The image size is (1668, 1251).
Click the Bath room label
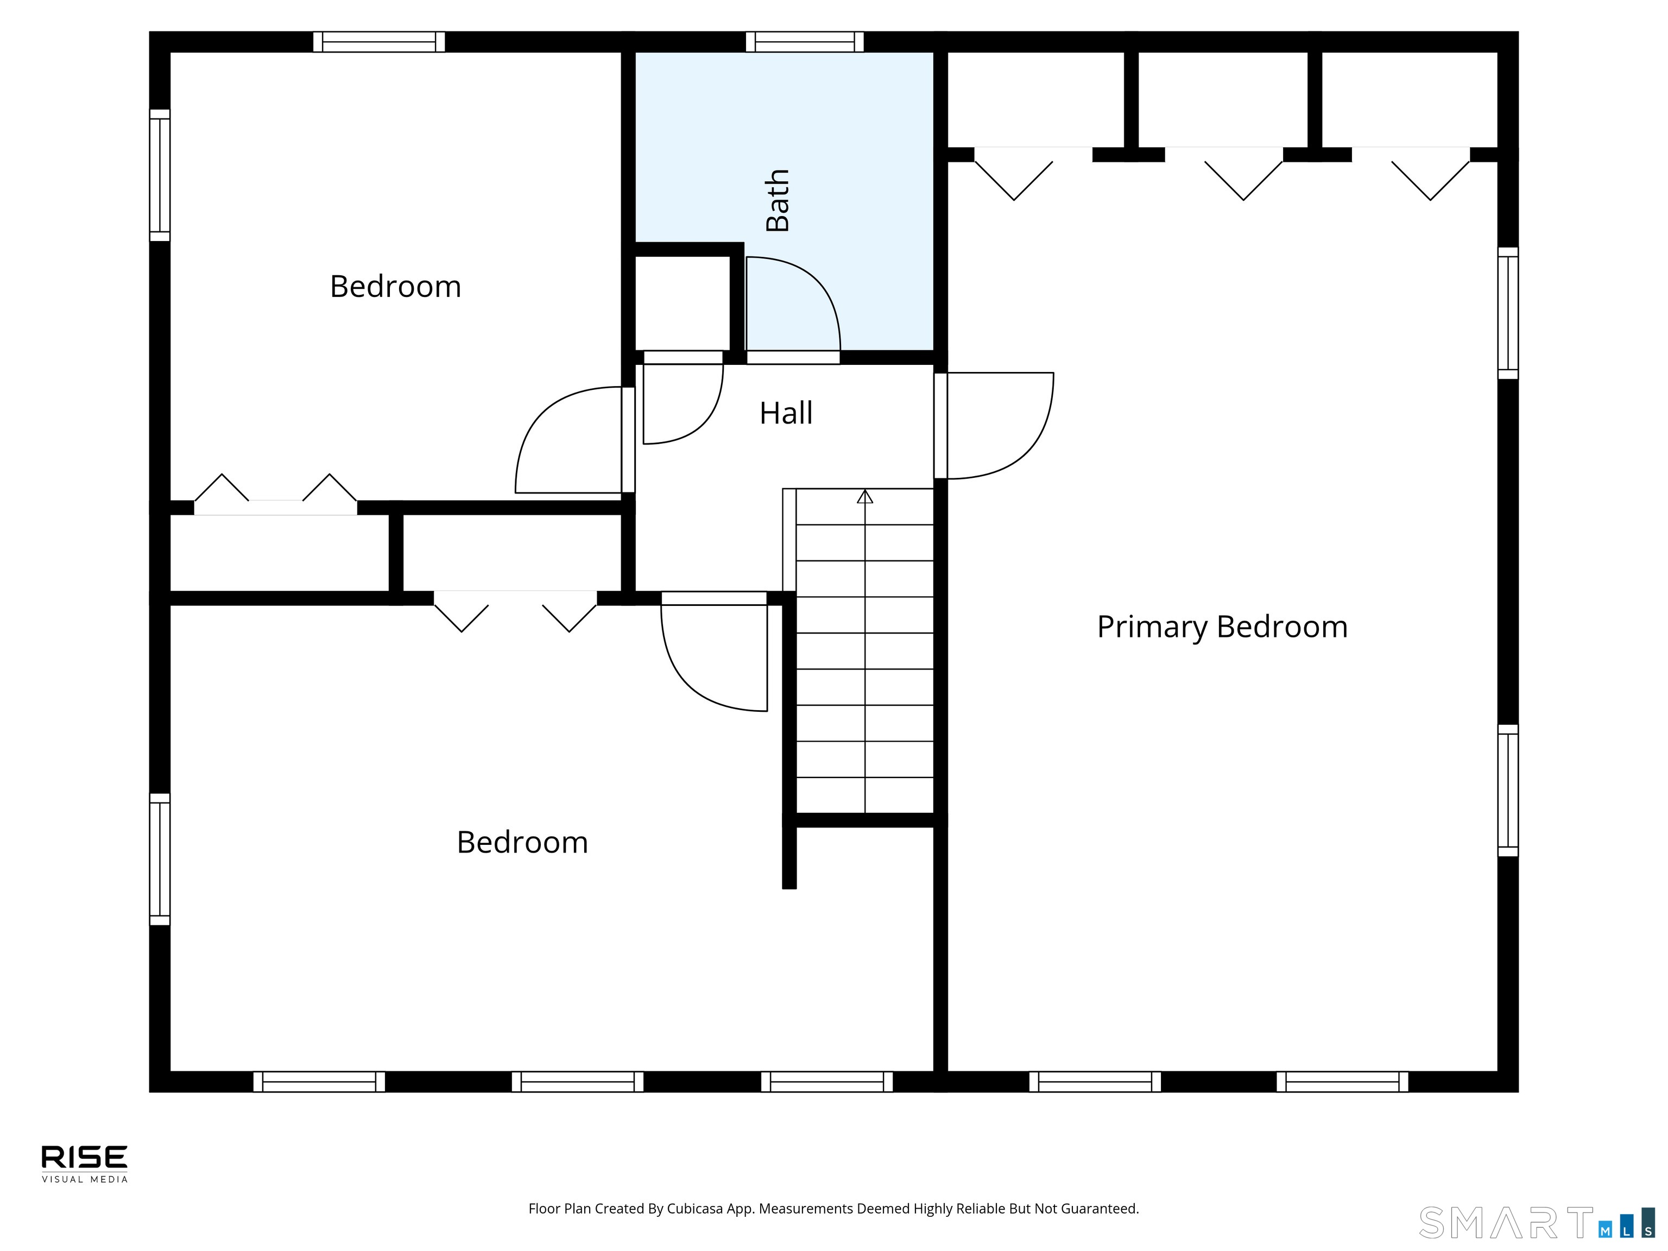[778, 200]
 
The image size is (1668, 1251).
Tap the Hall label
[786, 413]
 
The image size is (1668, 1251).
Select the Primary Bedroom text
[1222, 627]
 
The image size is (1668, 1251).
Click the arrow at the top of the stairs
[865, 496]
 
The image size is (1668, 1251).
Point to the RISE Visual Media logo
[85, 1164]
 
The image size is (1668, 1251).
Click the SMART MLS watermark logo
[1537, 1222]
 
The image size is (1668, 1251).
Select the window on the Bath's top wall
[805, 41]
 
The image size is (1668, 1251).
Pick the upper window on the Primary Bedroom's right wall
[1507, 313]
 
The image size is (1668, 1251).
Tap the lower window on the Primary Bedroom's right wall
[1507, 790]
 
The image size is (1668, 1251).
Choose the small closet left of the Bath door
[683, 303]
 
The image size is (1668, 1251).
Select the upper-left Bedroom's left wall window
[159, 175]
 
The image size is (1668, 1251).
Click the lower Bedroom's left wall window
[159, 859]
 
